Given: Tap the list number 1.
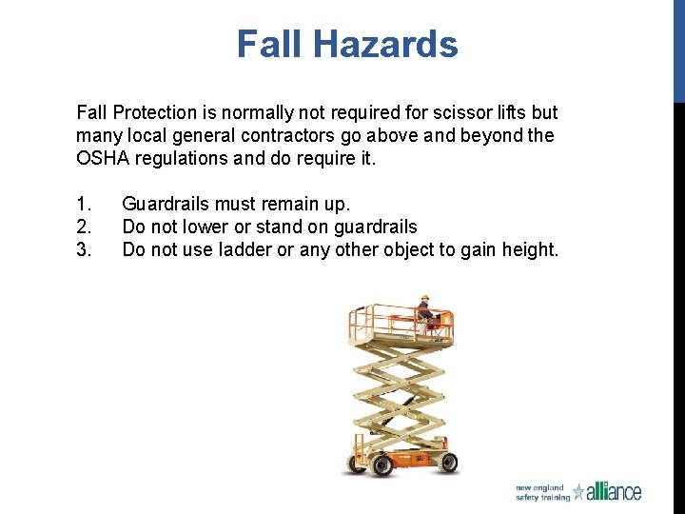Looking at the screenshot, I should tap(83, 204).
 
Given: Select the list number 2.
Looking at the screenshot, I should tap(83, 227).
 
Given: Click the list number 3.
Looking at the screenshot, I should tap(83, 249).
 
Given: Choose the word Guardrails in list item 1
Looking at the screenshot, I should tap(167, 204).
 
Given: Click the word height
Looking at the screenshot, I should tap(530, 249).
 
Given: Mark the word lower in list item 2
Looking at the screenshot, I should tap(214, 227).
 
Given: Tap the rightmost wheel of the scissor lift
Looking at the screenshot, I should tap(447, 464).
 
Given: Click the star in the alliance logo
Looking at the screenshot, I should tap(578, 491).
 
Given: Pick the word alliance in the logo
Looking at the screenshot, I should tap(615, 491).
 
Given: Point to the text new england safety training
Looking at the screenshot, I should tap(542, 492).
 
